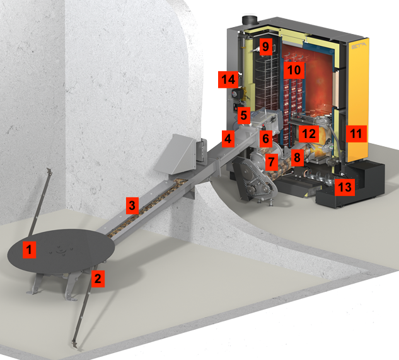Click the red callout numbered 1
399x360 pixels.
point(28,249)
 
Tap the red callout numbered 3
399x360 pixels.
point(131,205)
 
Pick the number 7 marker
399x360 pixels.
point(271,161)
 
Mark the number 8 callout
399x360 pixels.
point(296,156)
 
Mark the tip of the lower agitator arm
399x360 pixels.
point(75,345)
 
